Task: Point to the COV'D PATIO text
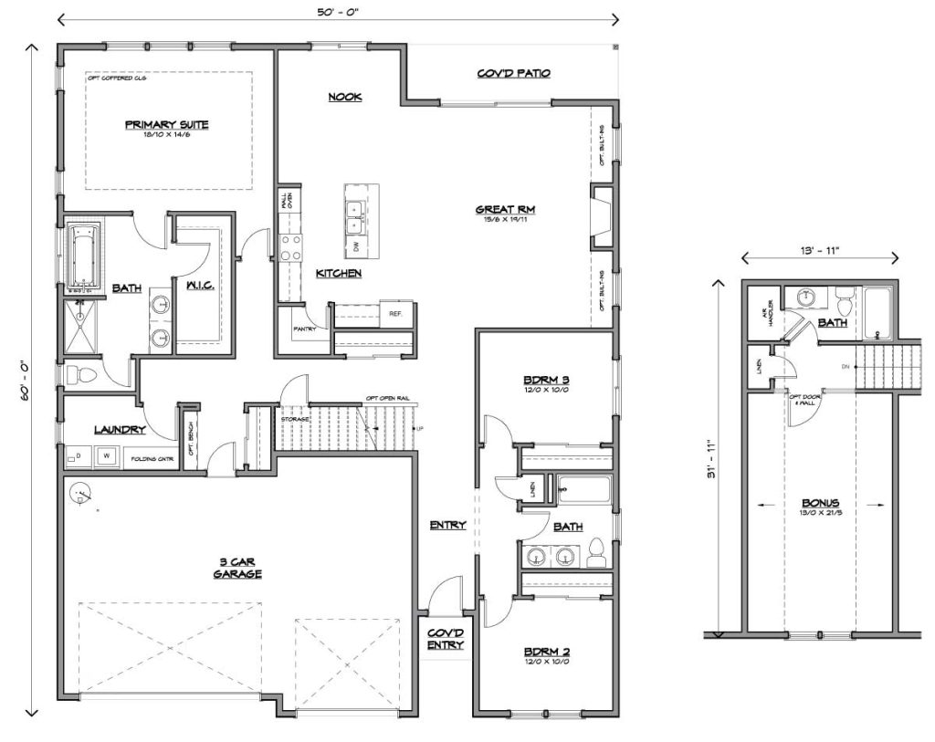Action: tap(513, 73)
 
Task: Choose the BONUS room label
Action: tap(821, 503)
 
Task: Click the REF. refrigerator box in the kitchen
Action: tap(396, 313)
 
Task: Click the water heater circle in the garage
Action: tap(81, 496)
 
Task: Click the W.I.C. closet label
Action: tap(199, 287)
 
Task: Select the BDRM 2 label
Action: tap(546, 652)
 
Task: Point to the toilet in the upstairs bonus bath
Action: tap(843, 299)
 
